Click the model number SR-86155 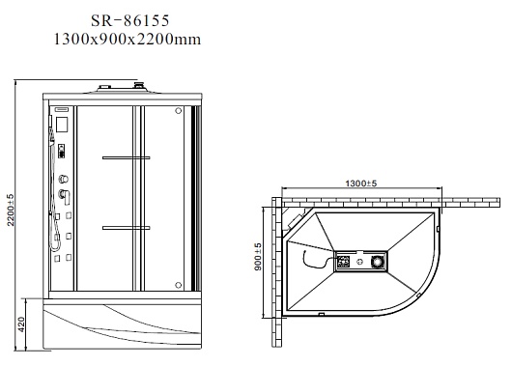pos(130,20)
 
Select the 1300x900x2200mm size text pos(127,40)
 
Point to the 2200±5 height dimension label pos(11,210)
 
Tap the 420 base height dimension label pos(21,324)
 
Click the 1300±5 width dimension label pos(361,183)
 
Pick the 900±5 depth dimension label pos(258,257)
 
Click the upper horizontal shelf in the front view pos(126,158)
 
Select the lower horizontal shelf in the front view pos(126,228)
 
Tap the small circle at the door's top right pos(179,111)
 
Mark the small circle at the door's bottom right pos(179,285)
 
